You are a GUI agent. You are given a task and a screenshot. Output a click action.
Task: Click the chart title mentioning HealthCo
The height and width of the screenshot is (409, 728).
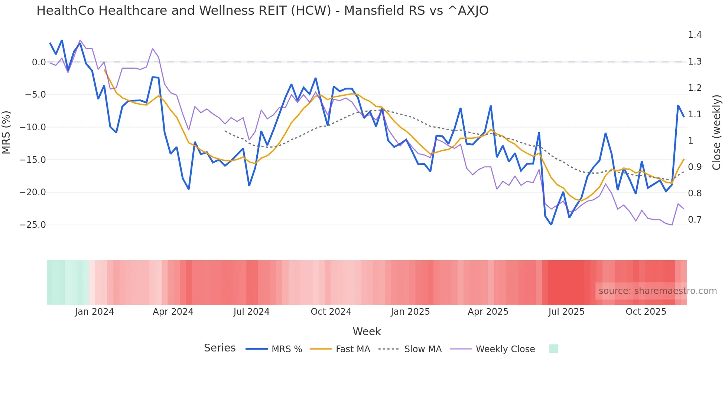[262, 11]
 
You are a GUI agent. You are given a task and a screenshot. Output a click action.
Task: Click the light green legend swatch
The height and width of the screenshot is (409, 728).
[553, 349]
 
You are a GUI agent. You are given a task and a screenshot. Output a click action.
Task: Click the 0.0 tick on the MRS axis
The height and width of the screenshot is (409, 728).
[39, 62]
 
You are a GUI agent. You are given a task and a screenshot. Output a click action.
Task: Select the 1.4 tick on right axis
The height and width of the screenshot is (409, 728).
[695, 35]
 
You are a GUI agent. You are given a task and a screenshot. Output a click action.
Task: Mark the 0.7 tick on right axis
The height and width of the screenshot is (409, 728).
[695, 220]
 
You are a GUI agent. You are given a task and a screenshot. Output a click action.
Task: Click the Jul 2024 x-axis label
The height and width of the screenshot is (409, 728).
[251, 312]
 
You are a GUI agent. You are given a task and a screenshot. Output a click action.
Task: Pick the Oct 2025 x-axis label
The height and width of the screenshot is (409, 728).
[646, 312]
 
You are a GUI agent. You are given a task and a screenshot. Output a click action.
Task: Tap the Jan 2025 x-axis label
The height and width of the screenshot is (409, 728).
[410, 312]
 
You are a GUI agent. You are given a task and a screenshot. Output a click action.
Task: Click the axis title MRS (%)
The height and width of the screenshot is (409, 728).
[6, 132]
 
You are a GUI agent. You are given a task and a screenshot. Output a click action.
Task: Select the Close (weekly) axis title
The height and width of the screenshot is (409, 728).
[716, 132]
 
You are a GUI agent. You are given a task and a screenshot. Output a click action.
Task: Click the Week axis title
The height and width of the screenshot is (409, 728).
[367, 331]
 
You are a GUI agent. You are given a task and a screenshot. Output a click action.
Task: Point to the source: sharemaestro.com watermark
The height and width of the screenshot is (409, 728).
[657, 291]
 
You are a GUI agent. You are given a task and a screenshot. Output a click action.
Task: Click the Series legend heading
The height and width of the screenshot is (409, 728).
[220, 348]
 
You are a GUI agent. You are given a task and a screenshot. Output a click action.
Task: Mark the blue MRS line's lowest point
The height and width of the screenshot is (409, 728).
[551, 225]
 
